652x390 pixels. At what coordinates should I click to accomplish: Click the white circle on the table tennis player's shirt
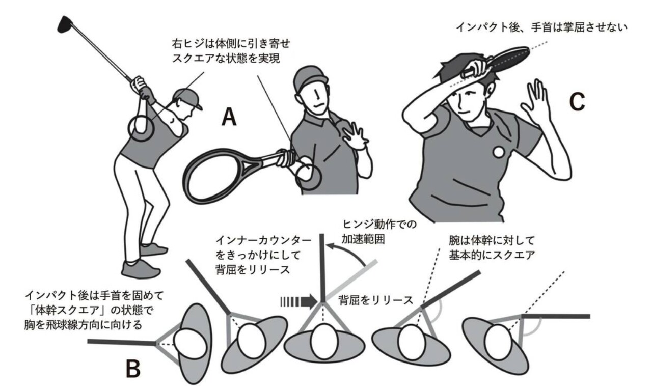(499, 151)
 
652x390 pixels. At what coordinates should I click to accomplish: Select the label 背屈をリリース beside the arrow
(375, 300)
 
